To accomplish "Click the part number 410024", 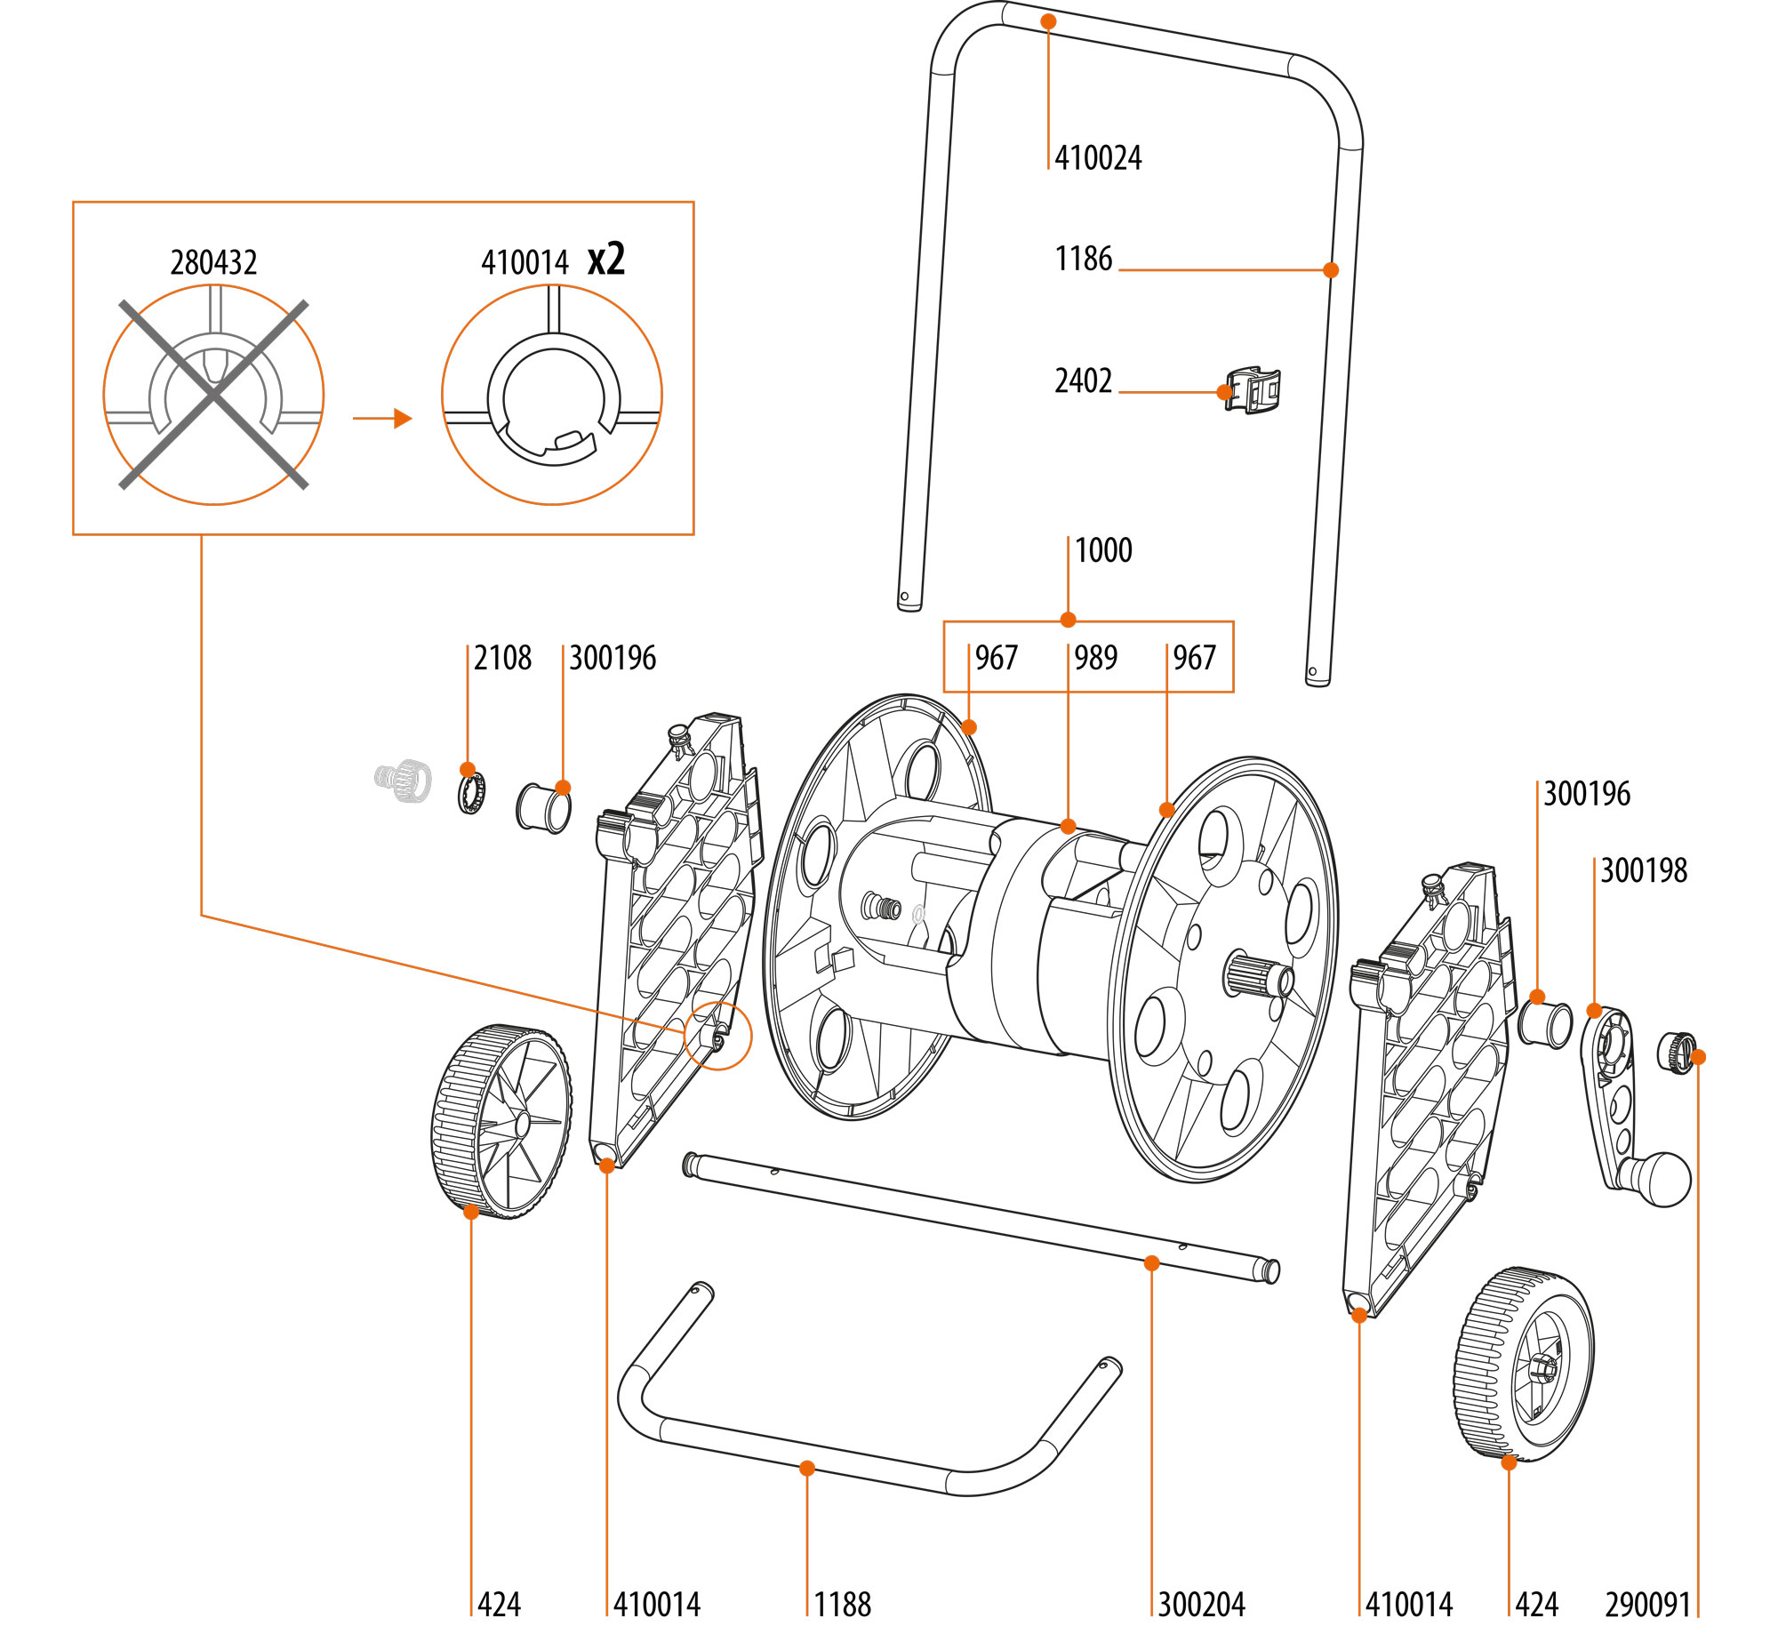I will [x=1098, y=158].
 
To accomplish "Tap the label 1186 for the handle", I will [x=1083, y=259].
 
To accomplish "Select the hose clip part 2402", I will [x=1253, y=390].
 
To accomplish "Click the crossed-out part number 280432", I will [x=213, y=263].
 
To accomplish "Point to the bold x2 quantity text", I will [x=606, y=259].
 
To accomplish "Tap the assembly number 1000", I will [x=1103, y=550].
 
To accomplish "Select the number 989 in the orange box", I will [x=1095, y=658].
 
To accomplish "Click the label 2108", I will [x=502, y=658].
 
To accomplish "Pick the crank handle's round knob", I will [x=1662, y=1179].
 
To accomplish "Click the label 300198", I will [x=1643, y=870].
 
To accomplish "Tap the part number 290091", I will [x=1647, y=1605].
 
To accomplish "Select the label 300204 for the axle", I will [x=1201, y=1605].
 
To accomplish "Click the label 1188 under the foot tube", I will [x=842, y=1605].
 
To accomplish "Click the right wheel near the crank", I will [x=1524, y=1364].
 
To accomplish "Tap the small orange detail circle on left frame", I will [x=717, y=1036].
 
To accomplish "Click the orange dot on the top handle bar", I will [x=1049, y=21].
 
